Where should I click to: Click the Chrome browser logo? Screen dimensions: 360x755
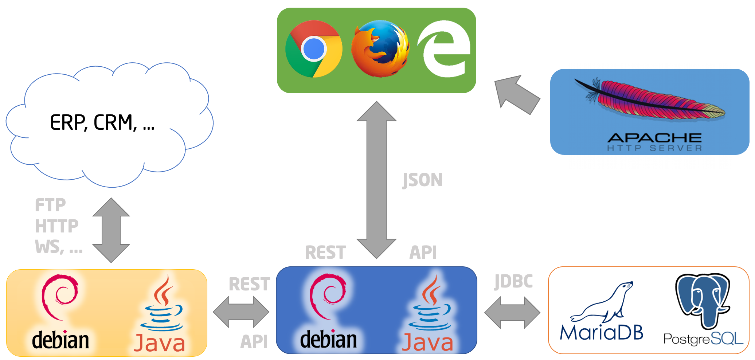[314, 49]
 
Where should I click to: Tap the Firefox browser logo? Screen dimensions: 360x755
[380, 48]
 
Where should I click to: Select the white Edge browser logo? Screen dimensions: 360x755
[443, 49]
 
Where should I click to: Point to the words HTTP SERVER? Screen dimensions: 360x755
[654, 148]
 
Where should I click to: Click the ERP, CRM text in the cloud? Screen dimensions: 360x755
[102, 122]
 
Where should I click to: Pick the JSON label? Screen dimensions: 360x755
[422, 180]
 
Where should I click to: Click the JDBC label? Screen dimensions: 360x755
[513, 281]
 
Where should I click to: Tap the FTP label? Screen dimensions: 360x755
[50, 205]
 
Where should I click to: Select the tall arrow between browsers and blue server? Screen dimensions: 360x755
[376, 180]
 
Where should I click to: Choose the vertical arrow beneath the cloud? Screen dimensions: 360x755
[111, 230]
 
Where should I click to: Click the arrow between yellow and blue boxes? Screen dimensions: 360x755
[241, 312]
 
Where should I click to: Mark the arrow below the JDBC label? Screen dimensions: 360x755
[512, 312]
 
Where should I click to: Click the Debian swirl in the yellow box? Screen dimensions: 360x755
[59, 297]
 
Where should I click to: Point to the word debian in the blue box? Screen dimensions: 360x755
[328, 340]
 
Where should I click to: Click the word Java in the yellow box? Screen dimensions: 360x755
[159, 343]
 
